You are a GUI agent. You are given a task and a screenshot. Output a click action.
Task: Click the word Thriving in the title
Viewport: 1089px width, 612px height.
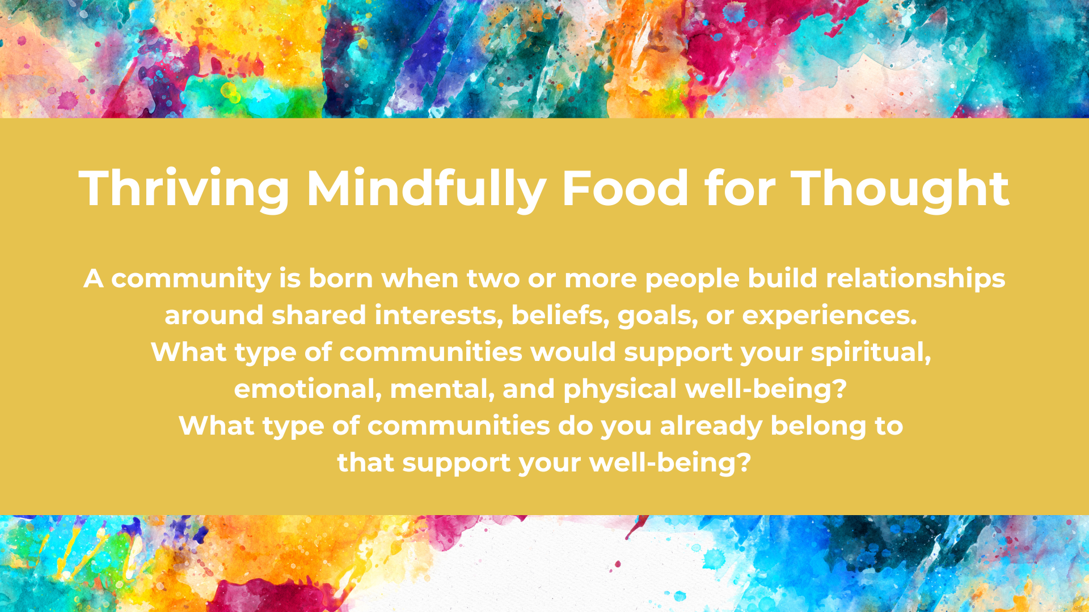tap(184, 189)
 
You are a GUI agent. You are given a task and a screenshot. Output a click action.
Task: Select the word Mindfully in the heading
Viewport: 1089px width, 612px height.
tap(426, 189)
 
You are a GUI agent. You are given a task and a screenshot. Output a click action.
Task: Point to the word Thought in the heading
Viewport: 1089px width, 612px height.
tap(900, 189)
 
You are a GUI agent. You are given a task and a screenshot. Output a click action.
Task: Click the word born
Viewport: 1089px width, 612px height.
tap(340, 278)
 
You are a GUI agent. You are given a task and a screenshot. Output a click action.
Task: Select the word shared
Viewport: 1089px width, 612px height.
tap(319, 315)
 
